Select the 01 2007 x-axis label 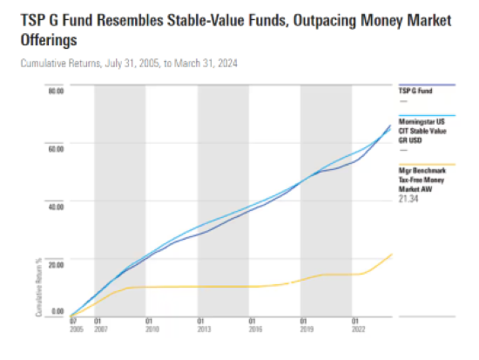click(x=98, y=324)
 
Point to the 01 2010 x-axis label click(x=150, y=324)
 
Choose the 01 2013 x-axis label click(x=200, y=324)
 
